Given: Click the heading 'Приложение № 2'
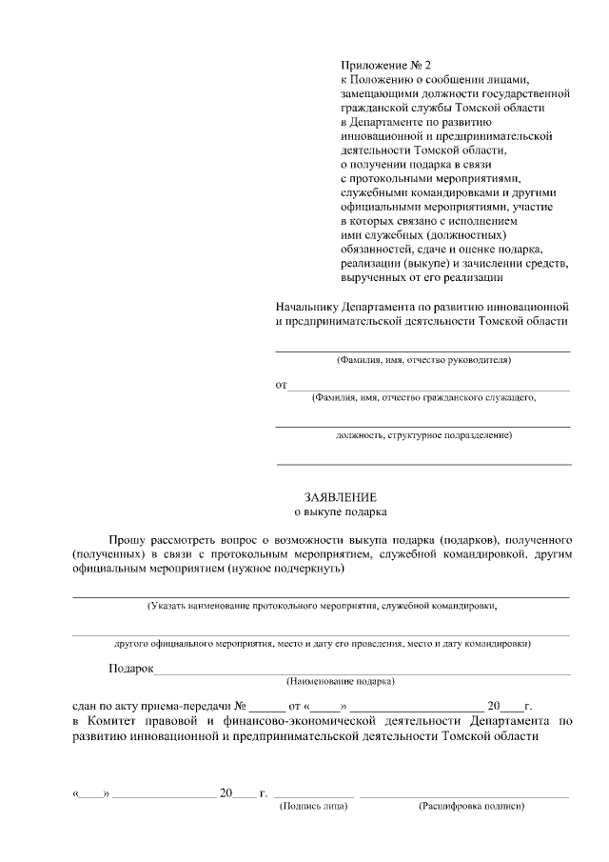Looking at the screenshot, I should coord(385,66).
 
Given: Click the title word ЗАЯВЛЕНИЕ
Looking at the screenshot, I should coord(341,497).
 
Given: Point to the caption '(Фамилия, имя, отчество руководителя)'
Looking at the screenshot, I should coord(423,361).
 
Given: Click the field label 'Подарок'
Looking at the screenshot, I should coord(131,669).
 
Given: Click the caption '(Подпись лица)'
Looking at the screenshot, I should coord(313,807).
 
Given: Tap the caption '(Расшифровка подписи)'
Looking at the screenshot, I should coord(472,807).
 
